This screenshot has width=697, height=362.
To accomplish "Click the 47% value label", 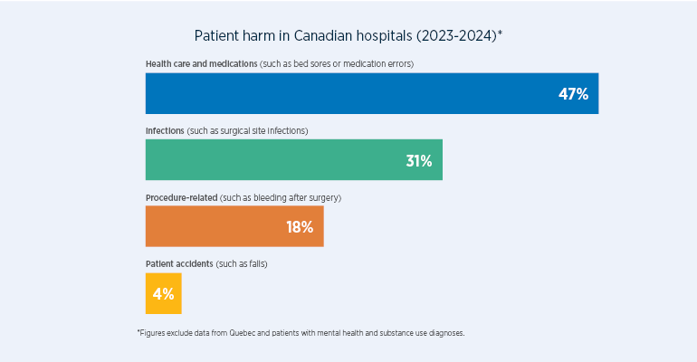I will [573, 94].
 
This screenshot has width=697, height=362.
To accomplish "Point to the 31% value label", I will [418, 161].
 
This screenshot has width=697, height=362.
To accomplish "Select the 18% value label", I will [300, 227].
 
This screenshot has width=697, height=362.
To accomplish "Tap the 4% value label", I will [163, 294].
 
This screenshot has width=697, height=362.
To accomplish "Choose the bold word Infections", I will [165, 130].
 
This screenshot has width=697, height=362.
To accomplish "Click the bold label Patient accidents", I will [179, 263].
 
